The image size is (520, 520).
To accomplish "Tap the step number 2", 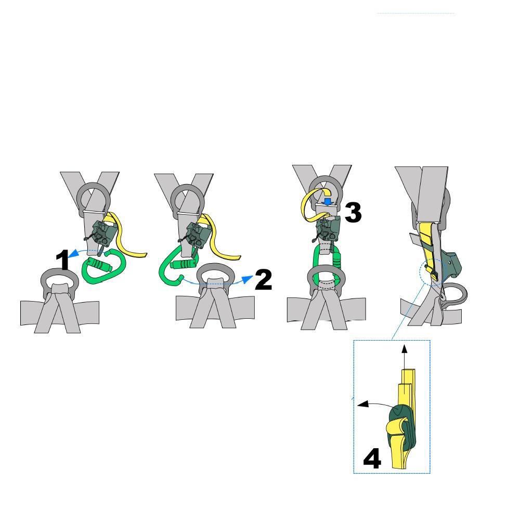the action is point(264,279).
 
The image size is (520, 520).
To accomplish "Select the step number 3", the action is point(353,213).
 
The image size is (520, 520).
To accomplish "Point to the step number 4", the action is point(372,458).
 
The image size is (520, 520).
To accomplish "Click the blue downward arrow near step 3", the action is point(328,202).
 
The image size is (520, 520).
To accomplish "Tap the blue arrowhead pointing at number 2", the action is point(246,280).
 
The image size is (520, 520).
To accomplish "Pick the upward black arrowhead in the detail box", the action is point(404,349).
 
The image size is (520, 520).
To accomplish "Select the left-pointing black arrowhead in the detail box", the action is point(363,404).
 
